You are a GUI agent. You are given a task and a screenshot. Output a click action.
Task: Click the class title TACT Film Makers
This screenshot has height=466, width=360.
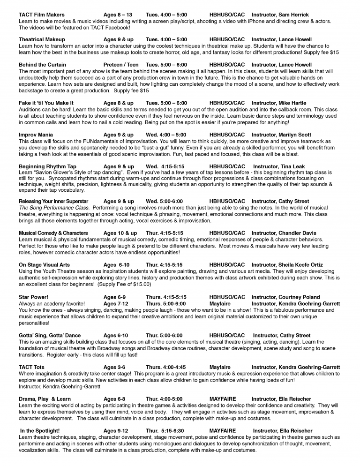click(x=42, y=15)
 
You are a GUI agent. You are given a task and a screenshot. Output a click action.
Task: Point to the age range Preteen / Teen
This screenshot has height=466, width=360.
click(x=121, y=64)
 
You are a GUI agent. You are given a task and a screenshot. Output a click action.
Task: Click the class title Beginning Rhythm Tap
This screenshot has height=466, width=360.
click(x=47, y=166)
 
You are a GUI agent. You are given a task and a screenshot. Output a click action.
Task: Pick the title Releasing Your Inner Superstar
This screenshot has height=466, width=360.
click(x=53, y=201)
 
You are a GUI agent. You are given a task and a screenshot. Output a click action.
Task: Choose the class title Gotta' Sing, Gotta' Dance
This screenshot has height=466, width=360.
click(x=50, y=335)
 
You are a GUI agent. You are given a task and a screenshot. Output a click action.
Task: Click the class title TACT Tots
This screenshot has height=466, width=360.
click(x=32, y=367)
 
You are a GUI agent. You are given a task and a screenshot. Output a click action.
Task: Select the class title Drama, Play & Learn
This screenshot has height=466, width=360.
click(x=45, y=399)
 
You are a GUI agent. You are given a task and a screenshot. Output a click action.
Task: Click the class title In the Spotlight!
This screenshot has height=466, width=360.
click(x=40, y=431)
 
